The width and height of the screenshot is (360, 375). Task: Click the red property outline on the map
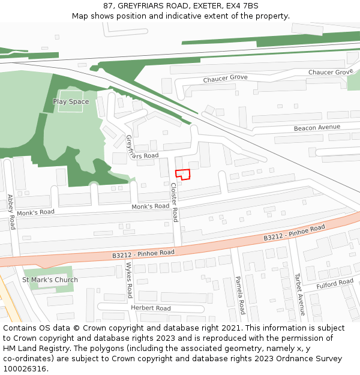(x=182, y=175)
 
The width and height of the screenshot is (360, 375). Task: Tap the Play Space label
(x=71, y=101)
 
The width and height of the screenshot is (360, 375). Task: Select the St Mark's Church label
(x=50, y=280)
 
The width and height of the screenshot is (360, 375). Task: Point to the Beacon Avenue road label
(x=317, y=128)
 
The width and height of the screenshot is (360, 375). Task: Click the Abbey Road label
(x=11, y=211)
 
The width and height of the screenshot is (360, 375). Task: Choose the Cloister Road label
(x=174, y=202)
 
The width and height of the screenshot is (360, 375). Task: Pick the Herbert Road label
(x=151, y=308)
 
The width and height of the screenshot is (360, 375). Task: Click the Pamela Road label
(x=239, y=295)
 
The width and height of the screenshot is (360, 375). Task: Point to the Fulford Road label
(x=335, y=283)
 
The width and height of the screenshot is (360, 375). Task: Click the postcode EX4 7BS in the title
(x=244, y=5)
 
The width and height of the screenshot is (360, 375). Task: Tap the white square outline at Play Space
(x=71, y=101)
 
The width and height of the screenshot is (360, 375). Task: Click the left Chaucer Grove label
(x=225, y=79)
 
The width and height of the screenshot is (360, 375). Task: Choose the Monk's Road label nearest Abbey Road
(x=35, y=212)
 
